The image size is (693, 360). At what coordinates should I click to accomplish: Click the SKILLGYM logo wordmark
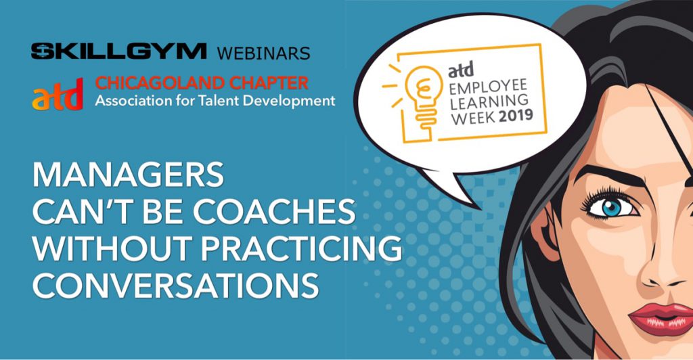tap(118, 51)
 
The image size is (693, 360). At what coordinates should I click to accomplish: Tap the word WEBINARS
tap(263, 53)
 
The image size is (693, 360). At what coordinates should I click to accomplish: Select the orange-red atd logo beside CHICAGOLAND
tap(58, 94)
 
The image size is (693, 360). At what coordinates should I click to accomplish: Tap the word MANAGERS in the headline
tap(128, 175)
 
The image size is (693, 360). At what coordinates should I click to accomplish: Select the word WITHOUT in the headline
tap(113, 248)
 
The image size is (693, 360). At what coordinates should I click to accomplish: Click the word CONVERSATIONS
tap(175, 286)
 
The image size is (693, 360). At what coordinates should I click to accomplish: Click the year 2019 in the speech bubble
tap(516, 116)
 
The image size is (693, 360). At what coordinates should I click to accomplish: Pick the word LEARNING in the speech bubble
tap(489, 101)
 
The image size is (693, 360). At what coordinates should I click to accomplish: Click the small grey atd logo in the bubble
tap(461, 70)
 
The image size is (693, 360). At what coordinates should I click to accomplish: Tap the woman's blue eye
tap(612, 208)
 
